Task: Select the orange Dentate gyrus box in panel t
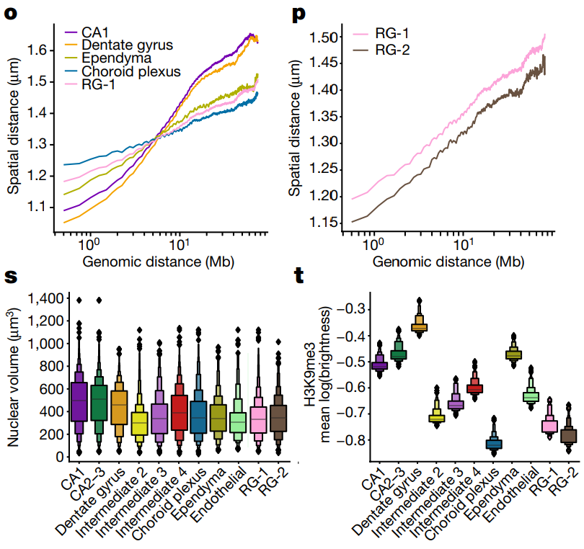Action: click(x=418, y=326)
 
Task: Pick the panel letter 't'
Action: click(x=303, y=276)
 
